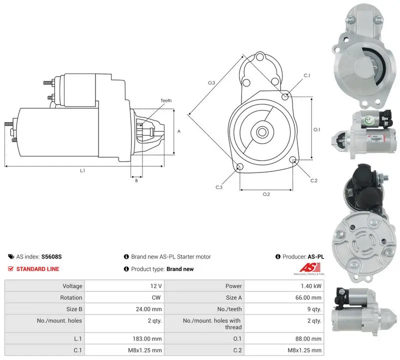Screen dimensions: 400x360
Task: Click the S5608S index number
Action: (x=51, y=256)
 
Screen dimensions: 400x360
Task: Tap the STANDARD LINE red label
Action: (x=37, y=269)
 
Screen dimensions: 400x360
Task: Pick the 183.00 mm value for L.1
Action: (x=147, y=339)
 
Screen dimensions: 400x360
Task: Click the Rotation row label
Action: (x=71, y=297)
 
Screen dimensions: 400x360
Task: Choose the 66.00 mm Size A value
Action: (x=308, y=297)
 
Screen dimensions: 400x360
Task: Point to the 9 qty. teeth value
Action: (x=314, y=309)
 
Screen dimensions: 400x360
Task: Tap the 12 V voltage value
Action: (x=156, y=286)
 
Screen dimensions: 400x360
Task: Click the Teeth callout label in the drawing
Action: (x=166, y=100)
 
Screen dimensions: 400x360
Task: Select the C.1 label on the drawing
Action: (x=306, y=75)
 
